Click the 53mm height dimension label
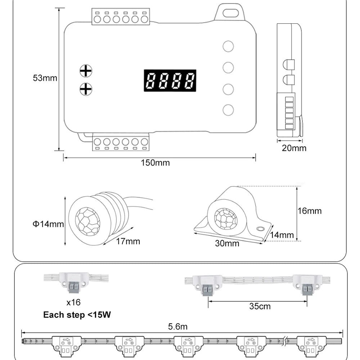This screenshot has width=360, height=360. [x=45, y=78]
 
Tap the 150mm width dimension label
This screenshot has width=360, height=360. [x=155, y=163]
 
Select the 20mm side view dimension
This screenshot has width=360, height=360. [x=294, y=148]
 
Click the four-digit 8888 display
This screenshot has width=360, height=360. [x=170, y=80]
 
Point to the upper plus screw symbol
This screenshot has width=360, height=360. [x=86, y=71]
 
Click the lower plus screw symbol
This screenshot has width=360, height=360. [x=86, y=89]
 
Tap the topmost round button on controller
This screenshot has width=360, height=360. [x=228, y=46]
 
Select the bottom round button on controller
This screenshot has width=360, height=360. [x=228, y=110]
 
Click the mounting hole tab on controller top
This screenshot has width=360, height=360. [x=230, y=13]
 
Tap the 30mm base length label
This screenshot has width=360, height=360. [x=227, y=243]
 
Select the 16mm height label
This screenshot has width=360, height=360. [x=310, y=211]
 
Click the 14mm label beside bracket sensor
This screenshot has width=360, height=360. [x=282, y=235]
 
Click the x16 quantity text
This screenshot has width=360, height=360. [x=73, y=302]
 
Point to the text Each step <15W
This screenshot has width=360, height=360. [x=77, y=315]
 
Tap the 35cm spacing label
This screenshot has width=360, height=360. [x=260, y=307]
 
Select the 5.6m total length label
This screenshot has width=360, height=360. [x=178, y=327]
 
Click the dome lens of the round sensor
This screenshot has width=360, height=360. [x=88, y=221]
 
